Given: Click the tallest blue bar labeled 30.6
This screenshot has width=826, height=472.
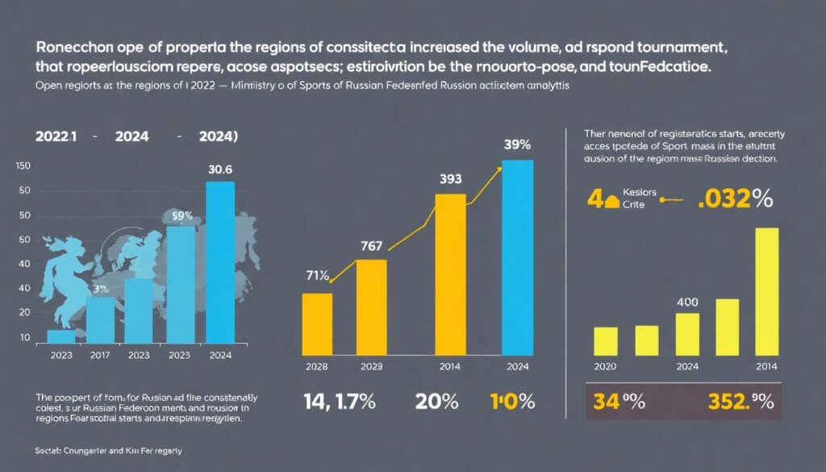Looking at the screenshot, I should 220,262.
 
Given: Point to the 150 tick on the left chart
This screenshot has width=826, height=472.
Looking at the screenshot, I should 23,166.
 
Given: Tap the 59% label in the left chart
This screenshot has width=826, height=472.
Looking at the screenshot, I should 181,216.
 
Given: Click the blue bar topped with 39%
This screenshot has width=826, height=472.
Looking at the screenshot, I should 517,258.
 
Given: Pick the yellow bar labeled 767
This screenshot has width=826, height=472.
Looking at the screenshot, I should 371,307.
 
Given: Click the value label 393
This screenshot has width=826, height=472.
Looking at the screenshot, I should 449,179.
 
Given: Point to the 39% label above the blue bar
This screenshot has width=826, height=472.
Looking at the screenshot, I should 517,144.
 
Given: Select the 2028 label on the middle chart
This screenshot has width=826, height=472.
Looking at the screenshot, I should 316,367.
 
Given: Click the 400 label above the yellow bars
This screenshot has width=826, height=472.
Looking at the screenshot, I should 686,302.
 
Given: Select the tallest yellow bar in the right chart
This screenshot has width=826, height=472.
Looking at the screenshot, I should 766,292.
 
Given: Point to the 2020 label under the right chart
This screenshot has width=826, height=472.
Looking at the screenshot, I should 605,367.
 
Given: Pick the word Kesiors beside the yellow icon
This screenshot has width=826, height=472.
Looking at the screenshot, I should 641,194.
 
